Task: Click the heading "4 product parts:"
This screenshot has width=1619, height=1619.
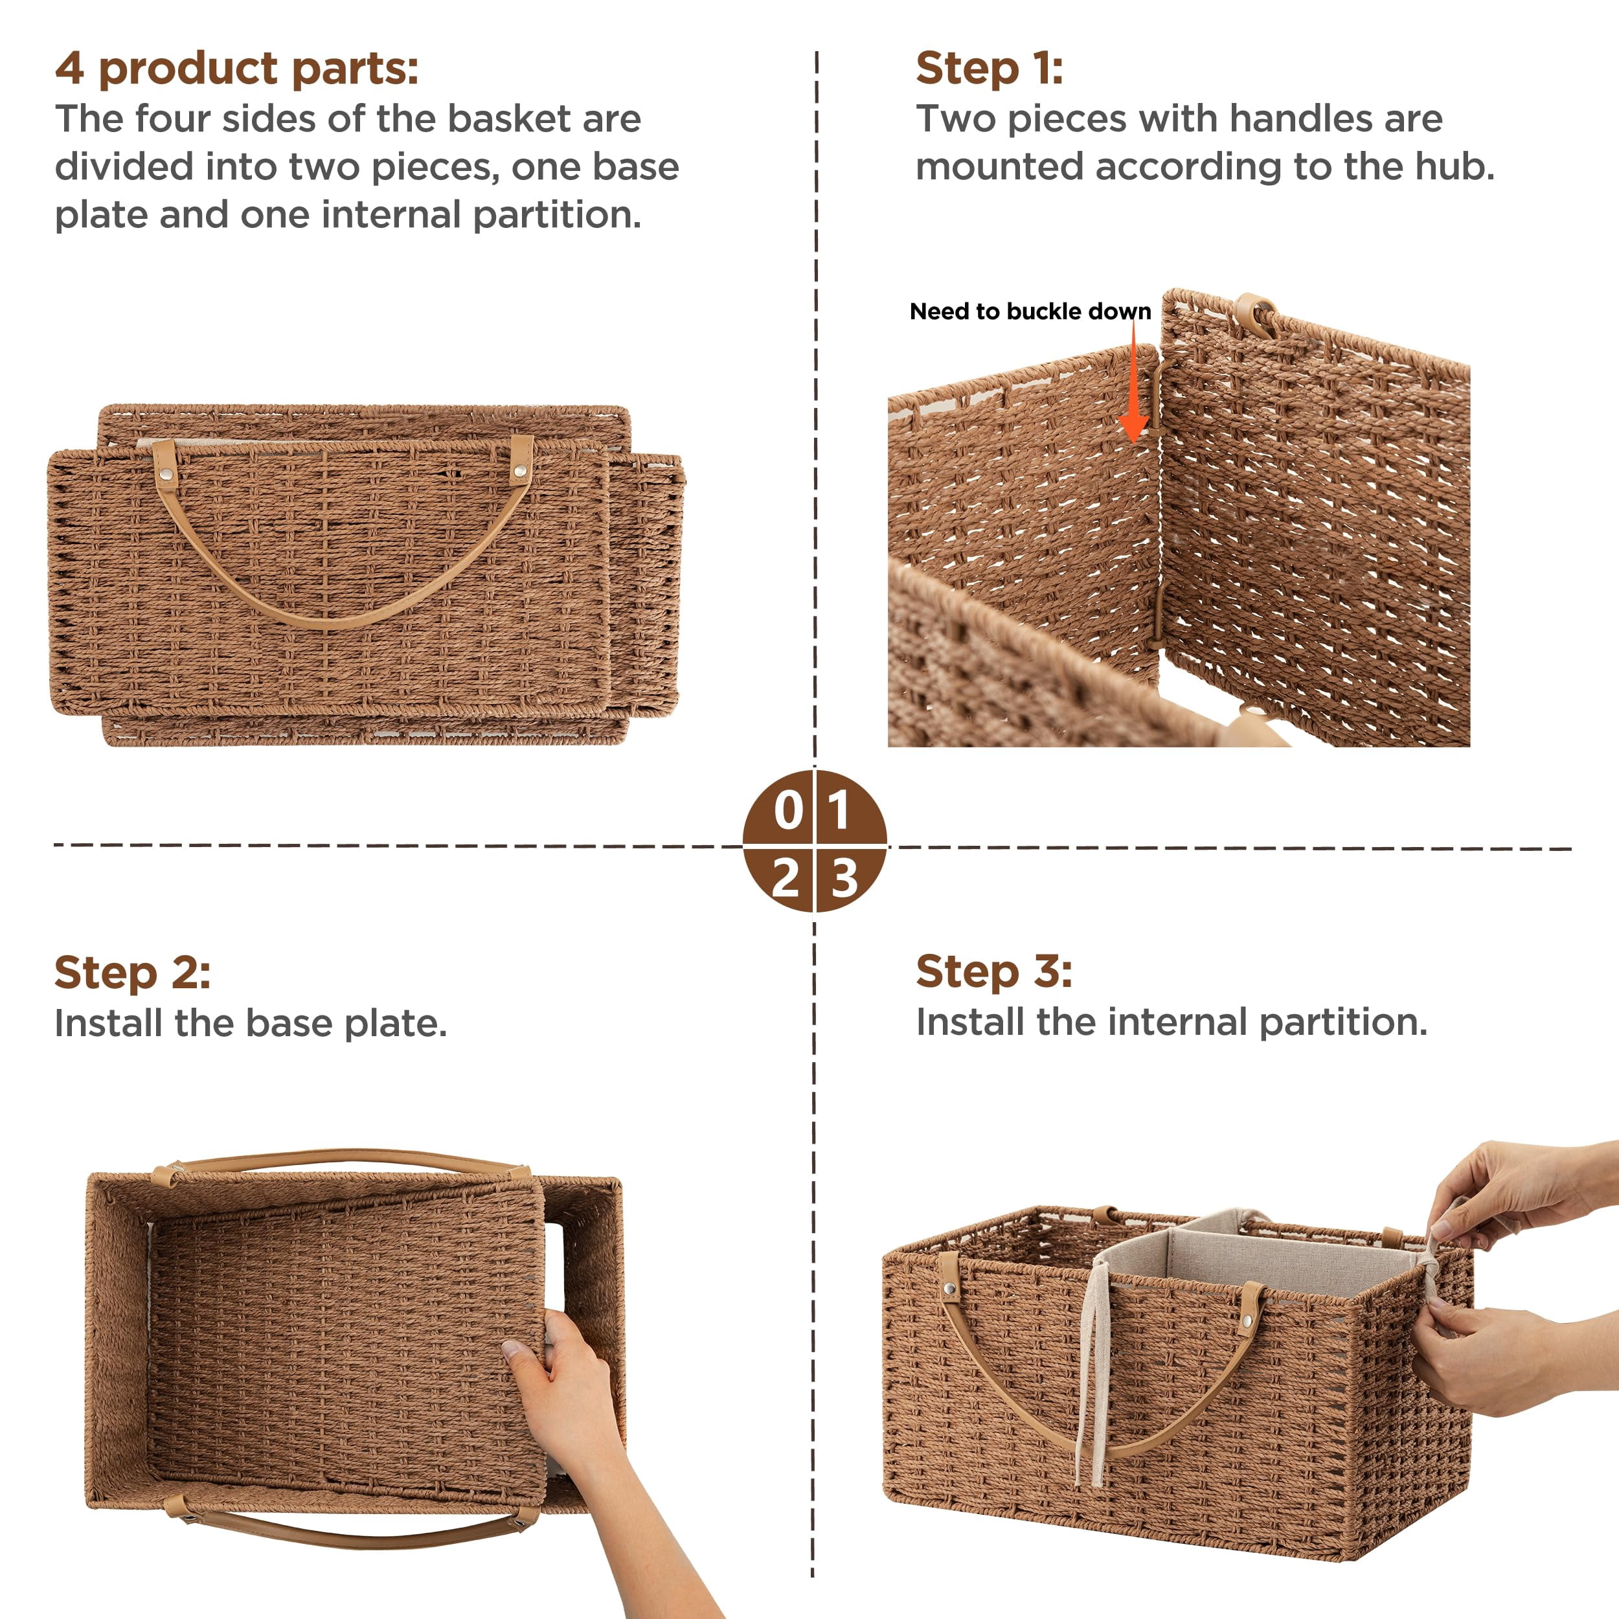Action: [x=236, y=69]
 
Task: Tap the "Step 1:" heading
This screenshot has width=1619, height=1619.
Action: [x=989, y=69]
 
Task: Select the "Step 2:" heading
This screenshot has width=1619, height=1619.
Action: [x=132, y=972]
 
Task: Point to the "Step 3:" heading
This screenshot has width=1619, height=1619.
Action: [x=994, y=971]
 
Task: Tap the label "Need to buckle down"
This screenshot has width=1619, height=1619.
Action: [x=1030, y=311]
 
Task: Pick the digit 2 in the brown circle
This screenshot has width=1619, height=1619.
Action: [x=786, y=878]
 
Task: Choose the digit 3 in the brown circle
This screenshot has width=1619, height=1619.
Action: [x=844, y=878]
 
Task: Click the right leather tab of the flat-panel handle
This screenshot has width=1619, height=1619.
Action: [x=521, y=459]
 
